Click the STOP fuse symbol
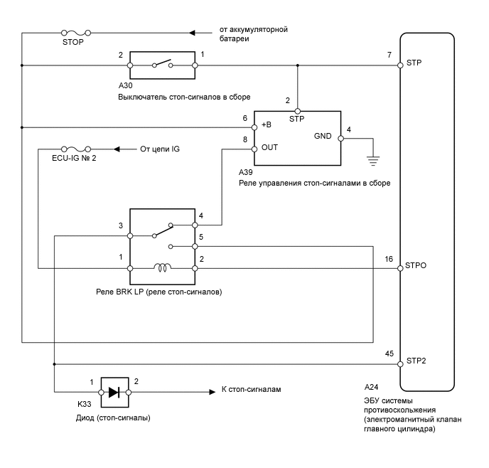75,33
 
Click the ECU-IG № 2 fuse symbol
75,149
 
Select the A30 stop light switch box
162,66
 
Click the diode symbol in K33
114,392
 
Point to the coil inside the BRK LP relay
162,268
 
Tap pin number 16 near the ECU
388,259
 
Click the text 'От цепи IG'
161,149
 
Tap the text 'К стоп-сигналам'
253,391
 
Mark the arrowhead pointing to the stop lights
211,392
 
